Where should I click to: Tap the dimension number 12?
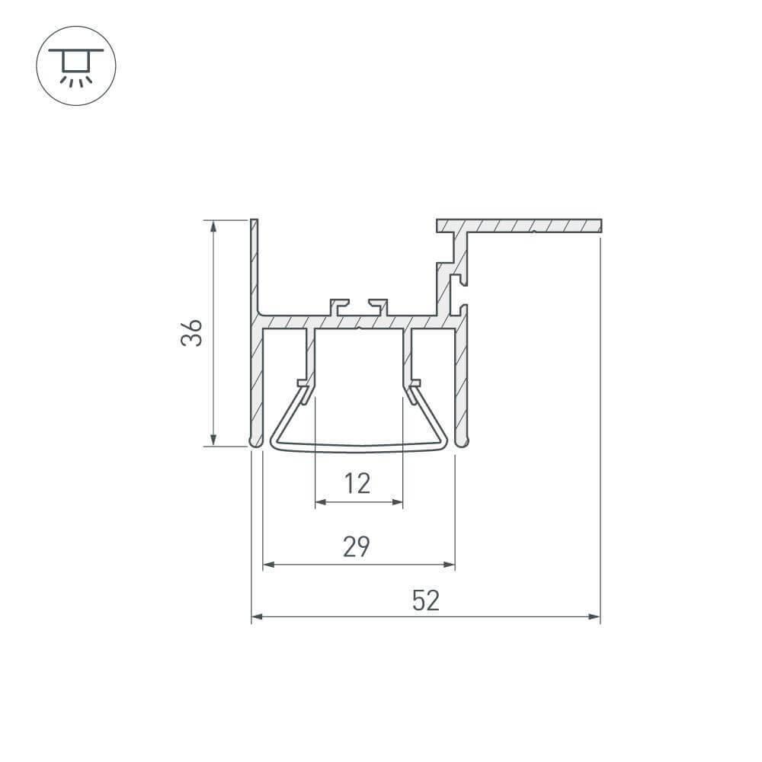pos(357,483)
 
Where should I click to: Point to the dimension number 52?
pos(426,601)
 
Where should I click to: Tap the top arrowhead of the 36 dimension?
pos(214,226)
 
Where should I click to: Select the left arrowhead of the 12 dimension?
pos(319,502)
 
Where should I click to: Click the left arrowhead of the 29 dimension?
pos(267,565)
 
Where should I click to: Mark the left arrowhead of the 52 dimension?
pos(256,616)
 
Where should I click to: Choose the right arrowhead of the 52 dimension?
pos(595,616)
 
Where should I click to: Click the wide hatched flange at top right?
pos(533,226)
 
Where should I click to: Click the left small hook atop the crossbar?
pos(338,306)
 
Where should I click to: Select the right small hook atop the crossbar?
pos(379,306)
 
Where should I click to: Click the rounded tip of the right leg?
pos(461,441)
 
